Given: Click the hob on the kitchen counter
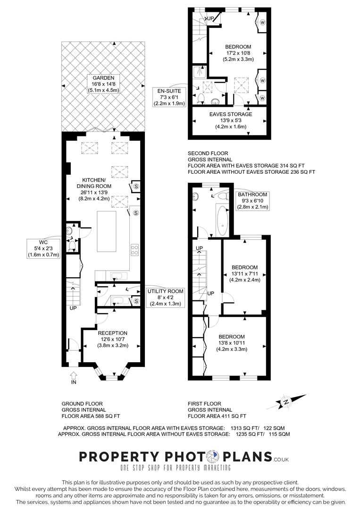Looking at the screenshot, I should tap(134, 249).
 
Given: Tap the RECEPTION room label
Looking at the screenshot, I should tap(112, 339).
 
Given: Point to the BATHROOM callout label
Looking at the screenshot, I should tap(252, 201).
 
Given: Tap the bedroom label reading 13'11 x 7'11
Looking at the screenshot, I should tap(244, 273).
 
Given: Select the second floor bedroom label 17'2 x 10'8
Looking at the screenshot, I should tap(238, 53).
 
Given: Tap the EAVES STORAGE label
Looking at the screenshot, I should tap(230, 120).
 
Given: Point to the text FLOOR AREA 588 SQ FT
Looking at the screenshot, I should tap(91, 416).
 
